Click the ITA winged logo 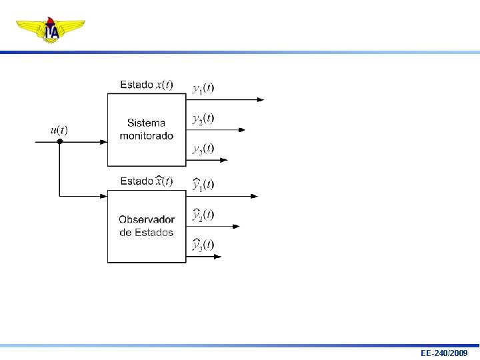tap(51, 30)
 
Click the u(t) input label tap(59, 130)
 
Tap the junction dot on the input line tap(59, 141)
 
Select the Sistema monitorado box tap(147, 129)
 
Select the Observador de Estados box tap(147, 226)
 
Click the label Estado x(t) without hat tap(146, 85)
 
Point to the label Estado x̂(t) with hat tap(146, 181)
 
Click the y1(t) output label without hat tap(203, 88)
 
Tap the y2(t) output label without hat tap(203, 119)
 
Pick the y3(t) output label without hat tap(203, 149)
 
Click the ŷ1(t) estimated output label tap(203, 184)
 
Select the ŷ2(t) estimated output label tap(203, 215)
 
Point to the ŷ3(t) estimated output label tap(203, 245)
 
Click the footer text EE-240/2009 tap(444, 353)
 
